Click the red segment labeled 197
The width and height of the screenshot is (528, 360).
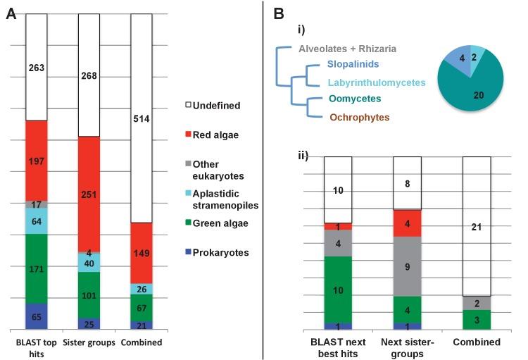point(37,161)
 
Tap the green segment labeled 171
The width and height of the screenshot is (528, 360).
point(37,268)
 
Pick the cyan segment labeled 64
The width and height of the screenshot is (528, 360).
point(37,221)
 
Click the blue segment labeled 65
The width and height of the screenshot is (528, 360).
point(37,316)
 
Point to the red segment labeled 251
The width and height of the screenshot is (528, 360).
point(88,194)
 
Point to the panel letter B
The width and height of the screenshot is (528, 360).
point(279,13)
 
